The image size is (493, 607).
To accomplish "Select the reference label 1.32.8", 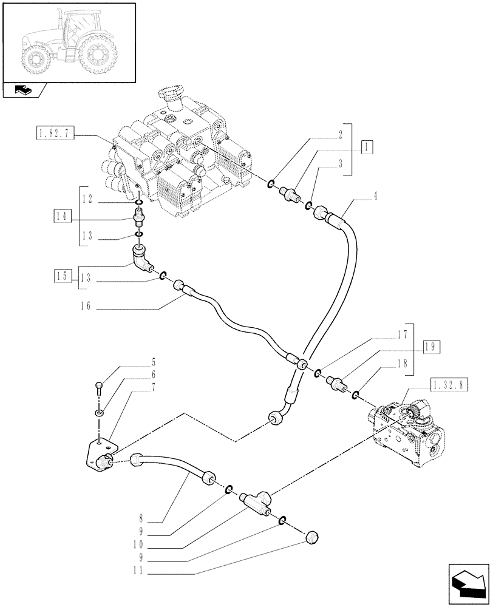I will (449, 384).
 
